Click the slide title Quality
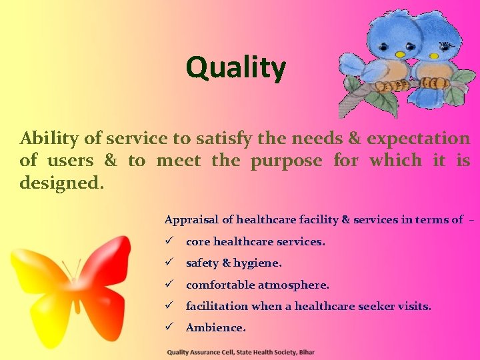[236, 67]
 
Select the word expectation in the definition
[419, 139]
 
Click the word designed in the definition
[61, 182]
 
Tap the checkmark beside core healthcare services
[169, 241]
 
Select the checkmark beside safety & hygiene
[169, 263]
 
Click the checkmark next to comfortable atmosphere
[169, 285]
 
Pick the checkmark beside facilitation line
[169, 306]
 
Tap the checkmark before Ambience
[169, 327]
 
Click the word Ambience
[215, 327]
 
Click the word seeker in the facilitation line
[374, 306]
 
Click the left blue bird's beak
[399, 54]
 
